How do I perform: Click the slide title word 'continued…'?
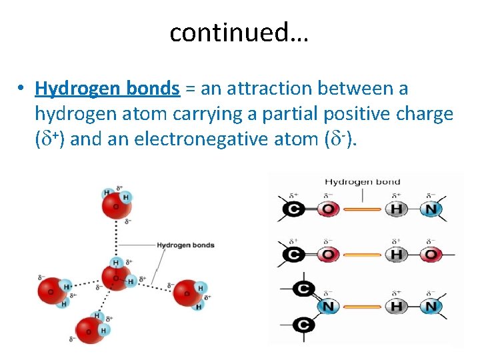click(x=239, y=32)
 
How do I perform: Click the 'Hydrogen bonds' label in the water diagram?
click(x=185, y=245)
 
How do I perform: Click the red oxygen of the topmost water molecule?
click(x=116, y=205)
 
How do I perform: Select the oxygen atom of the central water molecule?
click(x=116, y=278)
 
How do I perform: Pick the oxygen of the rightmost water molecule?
click(x=187, y=294)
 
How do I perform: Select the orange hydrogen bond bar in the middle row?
click(x=362, y=255)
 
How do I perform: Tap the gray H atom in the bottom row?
click(x=396, y=306)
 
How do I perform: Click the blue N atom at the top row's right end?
click(x=431, y=210)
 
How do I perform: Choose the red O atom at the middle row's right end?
click(x=431, y=255)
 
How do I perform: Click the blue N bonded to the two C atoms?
click(x=327, y=306)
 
